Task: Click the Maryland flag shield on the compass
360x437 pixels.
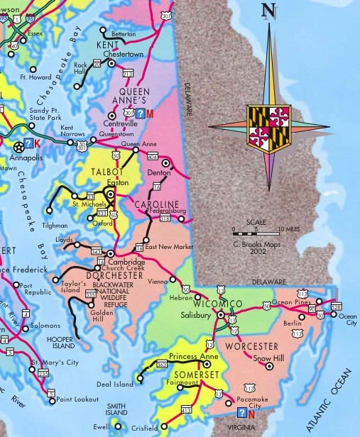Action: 269,127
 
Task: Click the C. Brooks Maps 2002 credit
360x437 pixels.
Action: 257,246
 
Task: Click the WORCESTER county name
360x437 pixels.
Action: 251,346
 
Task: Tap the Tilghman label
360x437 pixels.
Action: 56,225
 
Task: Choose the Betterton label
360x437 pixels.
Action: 124,33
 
